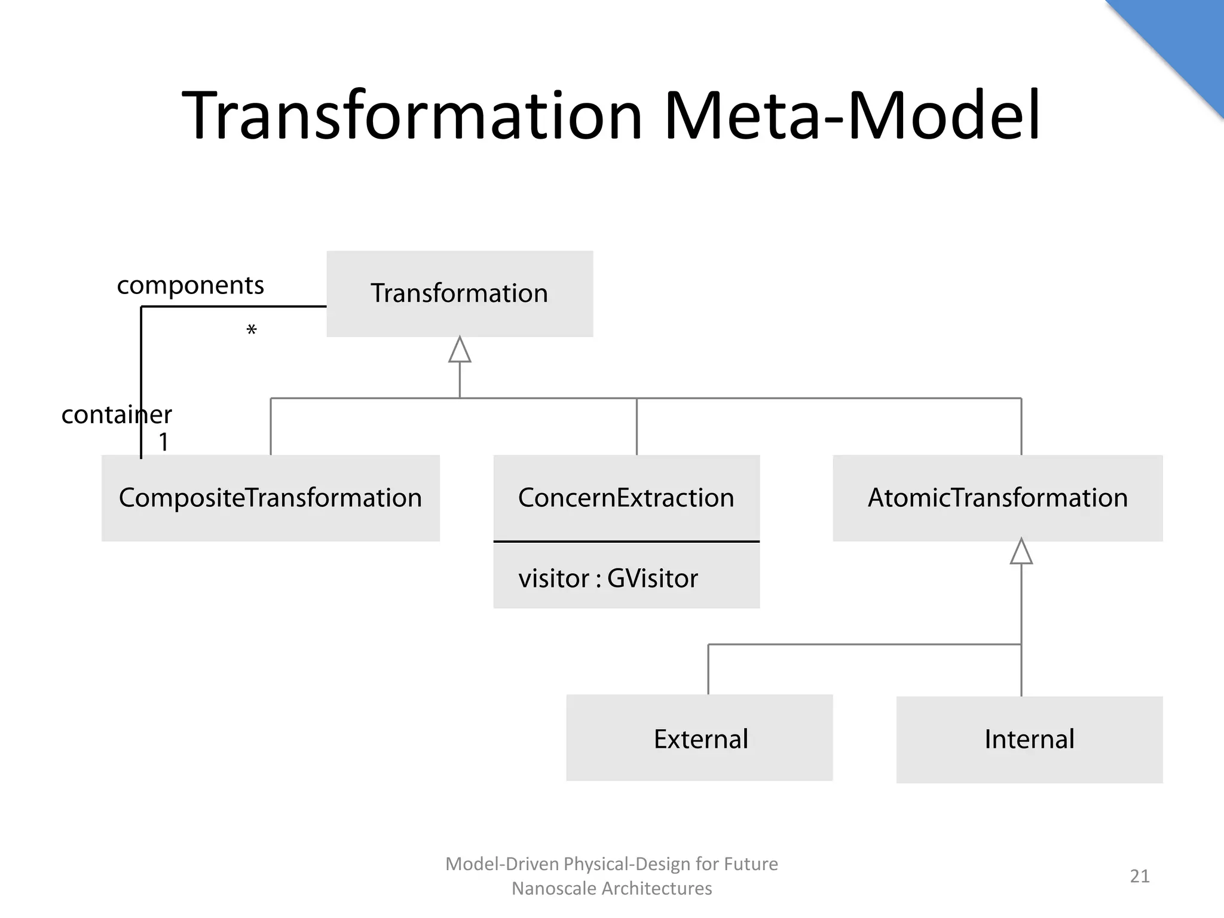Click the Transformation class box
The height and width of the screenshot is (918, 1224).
point(459,293)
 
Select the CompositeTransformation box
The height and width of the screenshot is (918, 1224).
point(270,498)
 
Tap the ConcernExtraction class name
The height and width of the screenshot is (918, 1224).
point(626,498)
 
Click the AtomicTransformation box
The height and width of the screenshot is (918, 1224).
point(997,498)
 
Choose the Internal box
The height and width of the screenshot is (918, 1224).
point(1029,739)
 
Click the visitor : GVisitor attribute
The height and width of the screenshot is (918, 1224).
point(608,579)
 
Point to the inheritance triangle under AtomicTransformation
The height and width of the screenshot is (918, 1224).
point(1021,552)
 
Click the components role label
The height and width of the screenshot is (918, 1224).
point(190,285)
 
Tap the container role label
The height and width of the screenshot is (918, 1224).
point(117,414)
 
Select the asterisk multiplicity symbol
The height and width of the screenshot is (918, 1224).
point(252,331)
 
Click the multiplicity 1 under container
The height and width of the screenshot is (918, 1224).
point(163,442)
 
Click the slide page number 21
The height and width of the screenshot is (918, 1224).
point(1139,876)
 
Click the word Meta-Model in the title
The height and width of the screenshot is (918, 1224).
point(852,115)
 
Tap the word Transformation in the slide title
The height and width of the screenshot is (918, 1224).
point(412,115)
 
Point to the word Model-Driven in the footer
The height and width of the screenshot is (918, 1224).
point(502,864)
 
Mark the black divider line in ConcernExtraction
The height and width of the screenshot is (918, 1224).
point(626,541)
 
